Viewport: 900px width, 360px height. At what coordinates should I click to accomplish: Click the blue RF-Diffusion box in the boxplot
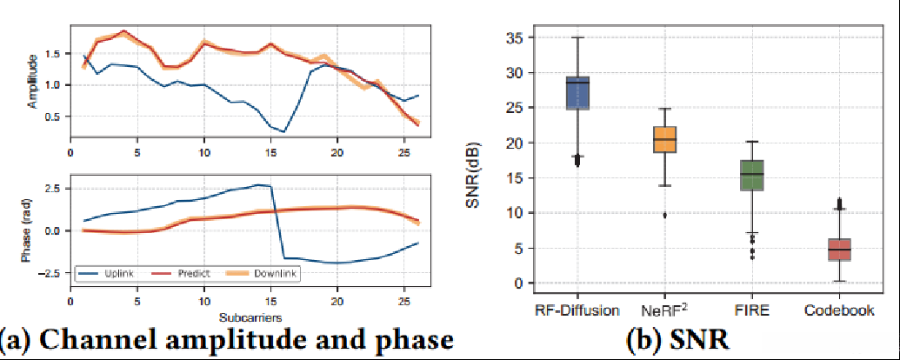click(x=577, y=93)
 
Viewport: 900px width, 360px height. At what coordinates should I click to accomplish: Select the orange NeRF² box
click(x=664, y=139)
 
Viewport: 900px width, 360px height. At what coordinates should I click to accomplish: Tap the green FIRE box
click(x=751, y=175)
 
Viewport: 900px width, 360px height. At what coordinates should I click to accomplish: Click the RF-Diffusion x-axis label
click(x=577, y=310)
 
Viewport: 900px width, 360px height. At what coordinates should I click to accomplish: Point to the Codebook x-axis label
click(x=838, y=310)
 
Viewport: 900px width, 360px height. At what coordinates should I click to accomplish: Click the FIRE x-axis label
click(x=751, y=310)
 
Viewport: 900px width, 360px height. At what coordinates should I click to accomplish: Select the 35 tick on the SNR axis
click(x=515, y=38)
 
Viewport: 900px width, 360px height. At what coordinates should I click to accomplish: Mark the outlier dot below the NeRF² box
click(x=664, y=215)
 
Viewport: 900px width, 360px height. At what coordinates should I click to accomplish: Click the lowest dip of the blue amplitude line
click(x=284, y=132)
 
